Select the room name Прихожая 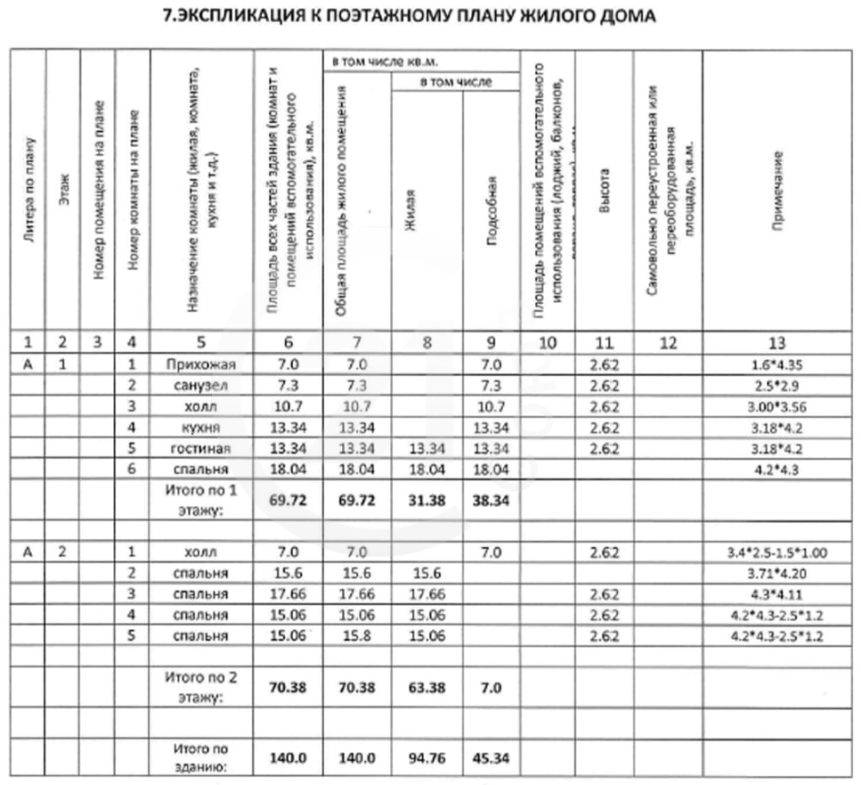[200, 364]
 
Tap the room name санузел [200, 386]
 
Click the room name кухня [200, 428]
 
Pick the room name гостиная [200, 448]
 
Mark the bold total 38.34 [491, 500]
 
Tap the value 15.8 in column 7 [356, 636]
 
